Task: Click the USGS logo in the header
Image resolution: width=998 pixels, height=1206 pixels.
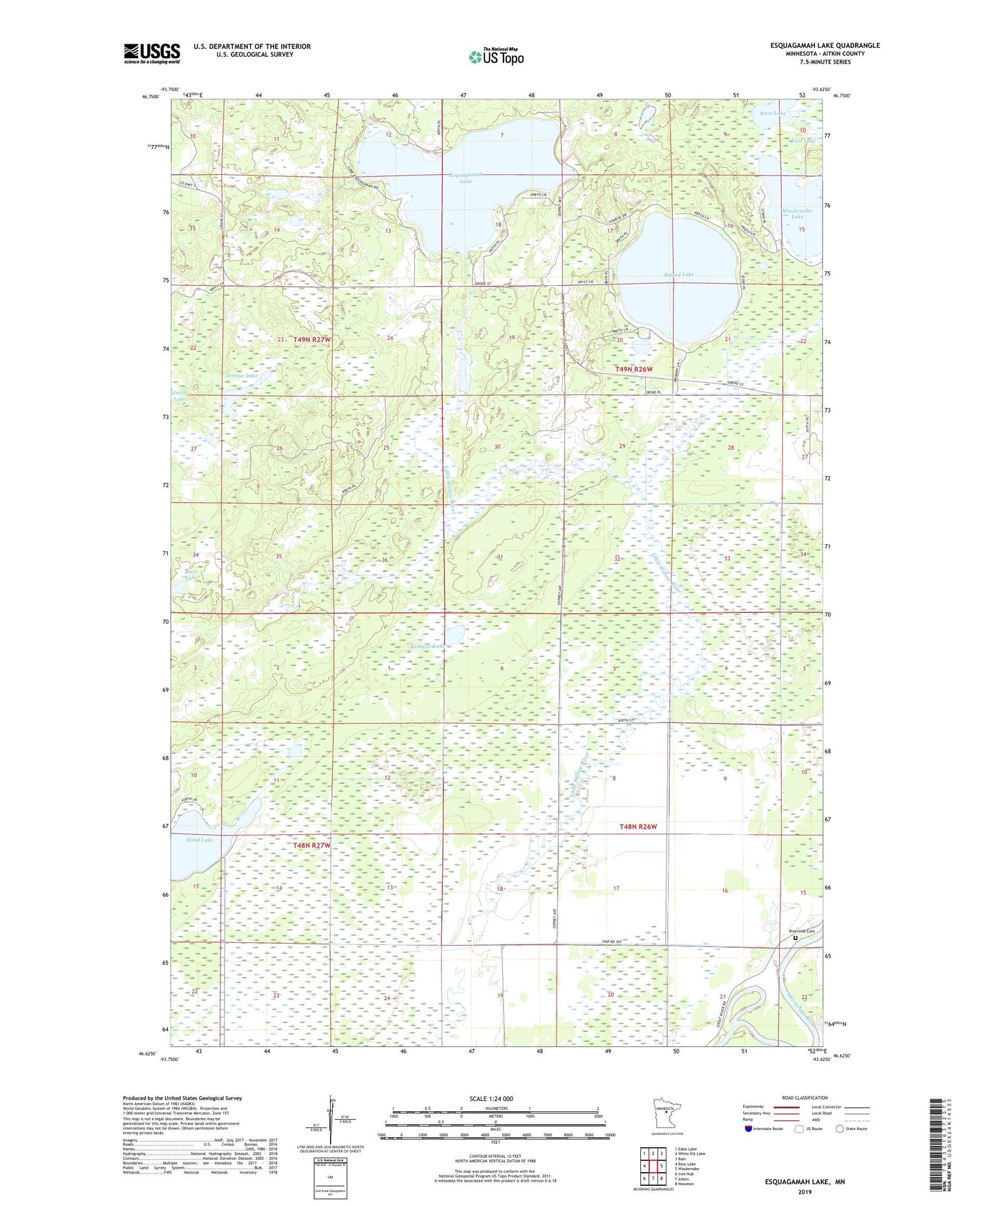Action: [x=152, y=53]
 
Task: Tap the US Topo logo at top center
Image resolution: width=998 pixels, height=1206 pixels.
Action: [x=495, y=57]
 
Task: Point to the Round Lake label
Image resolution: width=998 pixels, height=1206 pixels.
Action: [x=678, y=274]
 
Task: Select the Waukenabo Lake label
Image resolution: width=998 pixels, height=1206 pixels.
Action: [x=797, y=213]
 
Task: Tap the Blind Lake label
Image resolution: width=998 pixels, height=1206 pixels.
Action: [x=200, y=840]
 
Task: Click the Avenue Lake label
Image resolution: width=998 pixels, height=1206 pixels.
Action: [x=242, y=376]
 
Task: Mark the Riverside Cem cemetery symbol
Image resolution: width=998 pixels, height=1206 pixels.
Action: [x=795, y=938]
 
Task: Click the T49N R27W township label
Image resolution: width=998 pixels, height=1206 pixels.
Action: [x=311, y=340]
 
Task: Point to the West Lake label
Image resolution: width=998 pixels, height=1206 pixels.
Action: [x=773, y=113]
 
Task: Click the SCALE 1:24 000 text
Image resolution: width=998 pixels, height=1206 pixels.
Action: [x=491, y=1098]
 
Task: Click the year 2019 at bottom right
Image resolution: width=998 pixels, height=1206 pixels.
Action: [x=805, y=1191]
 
